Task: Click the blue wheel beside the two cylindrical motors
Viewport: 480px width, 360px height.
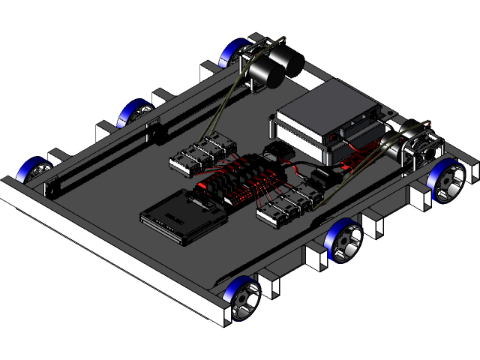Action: pos(233,53)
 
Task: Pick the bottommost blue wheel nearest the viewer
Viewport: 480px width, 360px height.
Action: pos(243,296)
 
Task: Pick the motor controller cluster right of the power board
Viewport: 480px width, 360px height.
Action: pos(289,202)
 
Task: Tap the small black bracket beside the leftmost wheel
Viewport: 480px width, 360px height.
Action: pos(53,183)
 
